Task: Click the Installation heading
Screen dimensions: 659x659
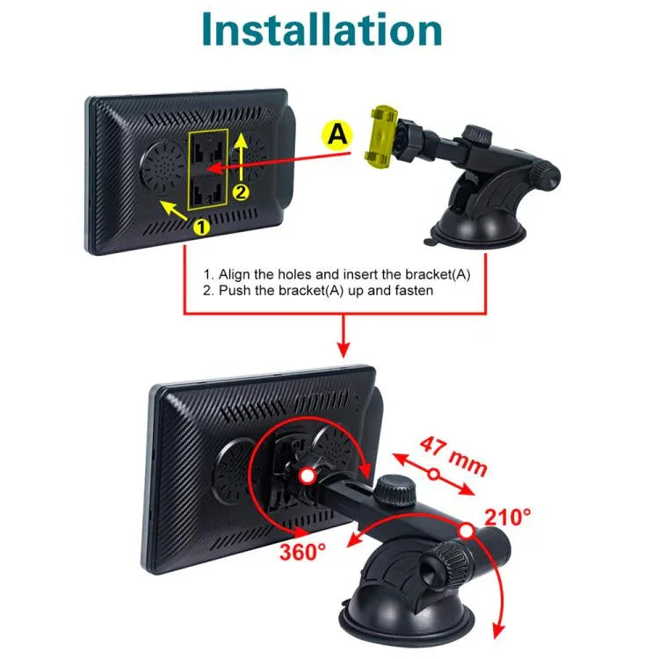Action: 322,29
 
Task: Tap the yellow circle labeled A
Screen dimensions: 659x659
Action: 337,135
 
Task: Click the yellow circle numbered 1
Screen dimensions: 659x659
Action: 201,227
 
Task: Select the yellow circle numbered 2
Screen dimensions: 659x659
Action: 241,192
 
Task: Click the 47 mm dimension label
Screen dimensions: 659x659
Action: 454,456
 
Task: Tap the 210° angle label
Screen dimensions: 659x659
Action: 507,517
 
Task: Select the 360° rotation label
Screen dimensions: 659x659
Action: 302,552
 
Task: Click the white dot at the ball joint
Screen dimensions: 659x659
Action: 308,475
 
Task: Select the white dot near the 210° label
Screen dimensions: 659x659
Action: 466,532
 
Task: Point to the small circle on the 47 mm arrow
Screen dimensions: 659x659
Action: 434,474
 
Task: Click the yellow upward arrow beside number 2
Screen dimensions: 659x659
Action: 241,156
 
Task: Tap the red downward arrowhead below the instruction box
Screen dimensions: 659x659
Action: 344,350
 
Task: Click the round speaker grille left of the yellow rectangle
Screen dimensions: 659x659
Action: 163,165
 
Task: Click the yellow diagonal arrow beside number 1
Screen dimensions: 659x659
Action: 174,210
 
